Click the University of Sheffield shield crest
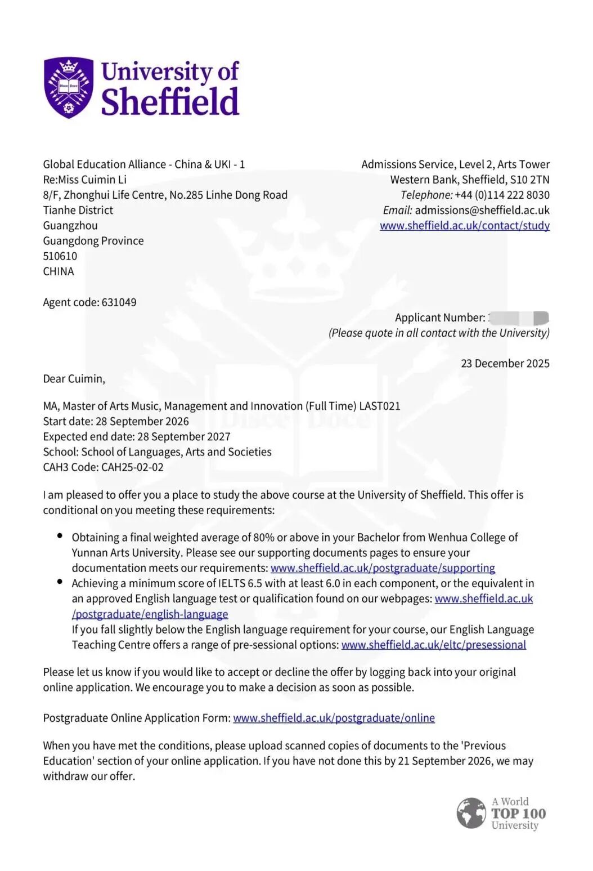[69, 87]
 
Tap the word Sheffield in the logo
[170, 102]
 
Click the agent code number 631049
[119, 302]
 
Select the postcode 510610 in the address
[60, 256]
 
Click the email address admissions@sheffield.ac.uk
[482, 210]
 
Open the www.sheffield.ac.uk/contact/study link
[465, 226]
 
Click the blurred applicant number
[518, 318]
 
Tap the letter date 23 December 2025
[505, 364]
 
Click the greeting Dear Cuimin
[74, 379]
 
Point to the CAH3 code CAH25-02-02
[132, 467]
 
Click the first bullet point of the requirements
[60, 535]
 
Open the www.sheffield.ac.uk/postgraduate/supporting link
[383, 568]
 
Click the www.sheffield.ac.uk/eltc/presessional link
[433, 645]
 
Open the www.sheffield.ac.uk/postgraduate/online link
[334, 718]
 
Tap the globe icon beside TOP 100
[471, 813]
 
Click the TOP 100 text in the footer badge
[518, 814]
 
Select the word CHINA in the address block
[59, 271]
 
